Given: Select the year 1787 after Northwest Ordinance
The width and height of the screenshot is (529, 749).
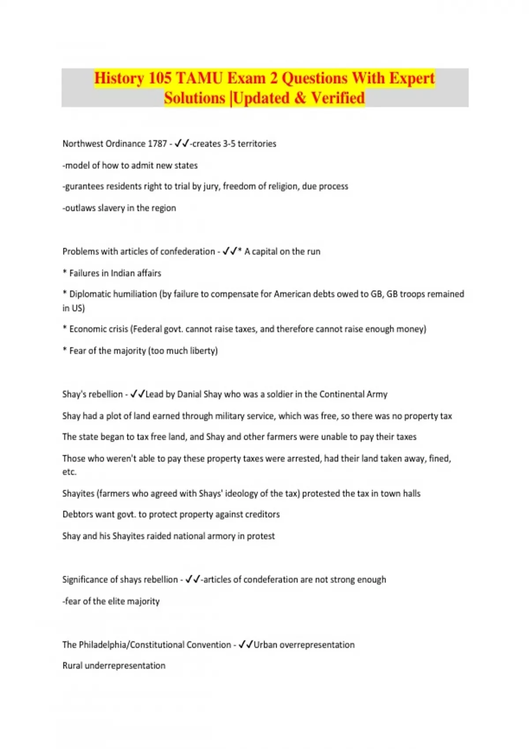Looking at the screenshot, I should pos(157,144).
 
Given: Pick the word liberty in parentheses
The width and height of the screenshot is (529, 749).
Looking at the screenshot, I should pos(204,351).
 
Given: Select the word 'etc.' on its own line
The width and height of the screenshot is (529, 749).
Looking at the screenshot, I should pos(69,472).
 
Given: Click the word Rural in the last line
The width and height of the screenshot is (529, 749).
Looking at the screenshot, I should pos(72,666).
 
